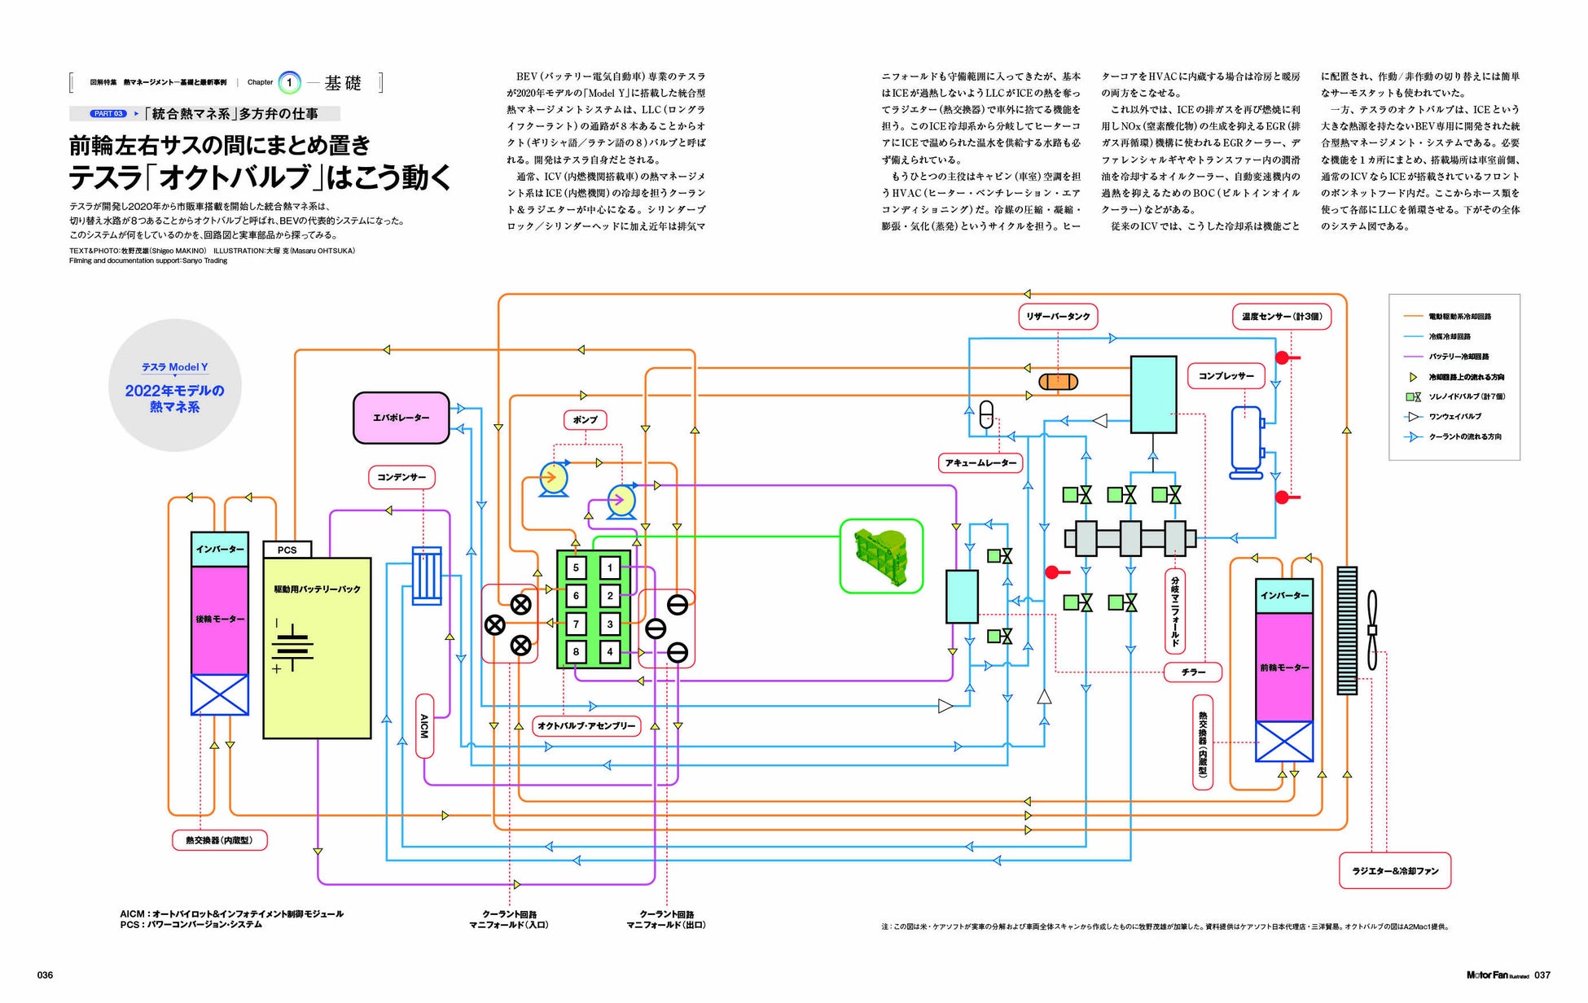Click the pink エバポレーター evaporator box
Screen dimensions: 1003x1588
401,418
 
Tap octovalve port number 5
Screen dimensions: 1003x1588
576,568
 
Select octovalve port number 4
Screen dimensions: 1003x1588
610,652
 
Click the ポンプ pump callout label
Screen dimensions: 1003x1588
585,420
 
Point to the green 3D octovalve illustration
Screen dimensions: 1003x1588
881,556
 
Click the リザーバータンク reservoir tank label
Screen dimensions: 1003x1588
1058,316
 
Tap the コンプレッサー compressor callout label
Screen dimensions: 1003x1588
1226,376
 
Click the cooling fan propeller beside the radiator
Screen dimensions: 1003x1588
1372,630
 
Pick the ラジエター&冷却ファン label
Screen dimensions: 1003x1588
1395,871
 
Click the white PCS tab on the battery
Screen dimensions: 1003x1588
287,550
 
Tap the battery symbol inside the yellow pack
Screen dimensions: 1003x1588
292,646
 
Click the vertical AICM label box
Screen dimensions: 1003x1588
424,725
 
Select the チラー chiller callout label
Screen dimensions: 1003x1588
1193,672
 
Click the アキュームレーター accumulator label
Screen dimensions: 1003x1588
980,463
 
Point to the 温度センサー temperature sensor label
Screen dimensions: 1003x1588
1281,317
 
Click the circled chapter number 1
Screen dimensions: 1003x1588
289,82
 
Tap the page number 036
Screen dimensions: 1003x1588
46,975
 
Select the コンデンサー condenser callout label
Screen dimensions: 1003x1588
401,477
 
